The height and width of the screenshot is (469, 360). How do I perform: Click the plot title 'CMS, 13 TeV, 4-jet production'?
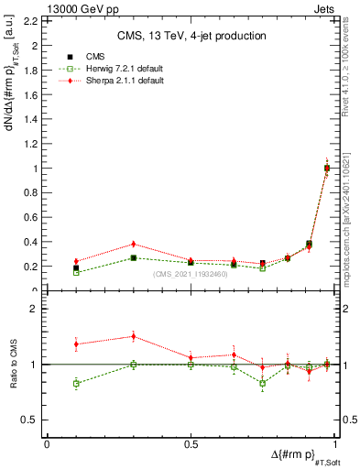[191, 36]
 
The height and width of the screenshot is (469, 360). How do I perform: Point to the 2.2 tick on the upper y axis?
[32, 21]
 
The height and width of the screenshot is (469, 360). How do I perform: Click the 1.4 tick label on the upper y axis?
[32, 119]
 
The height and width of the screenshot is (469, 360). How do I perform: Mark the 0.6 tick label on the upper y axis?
[32, 218]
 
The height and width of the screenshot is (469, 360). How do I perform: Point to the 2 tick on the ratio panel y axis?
[37, 310]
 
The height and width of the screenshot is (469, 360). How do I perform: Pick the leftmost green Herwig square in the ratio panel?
[76, 383]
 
